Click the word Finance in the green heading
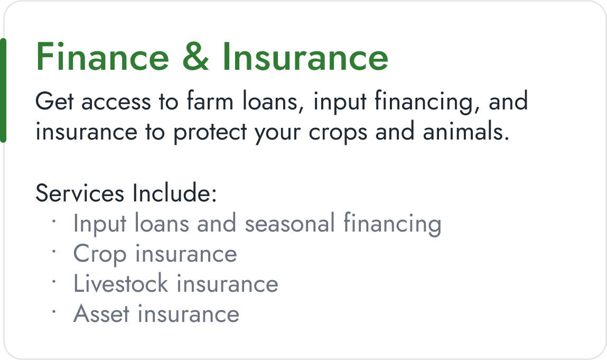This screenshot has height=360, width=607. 102,57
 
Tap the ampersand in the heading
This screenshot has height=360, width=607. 195,57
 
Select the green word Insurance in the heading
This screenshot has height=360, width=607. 305,57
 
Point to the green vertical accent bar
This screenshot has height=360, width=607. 3,90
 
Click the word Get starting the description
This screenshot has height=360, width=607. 54,101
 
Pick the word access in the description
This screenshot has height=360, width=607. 116,103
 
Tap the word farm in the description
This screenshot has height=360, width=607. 210,101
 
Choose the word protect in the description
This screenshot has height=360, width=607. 210,133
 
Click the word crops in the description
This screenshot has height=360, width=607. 338,133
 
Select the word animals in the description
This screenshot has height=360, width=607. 466,132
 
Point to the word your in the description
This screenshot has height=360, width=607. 277,133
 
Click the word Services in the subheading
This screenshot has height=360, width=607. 80,193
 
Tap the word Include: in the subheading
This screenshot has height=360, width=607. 174,192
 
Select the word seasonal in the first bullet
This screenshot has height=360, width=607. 290,224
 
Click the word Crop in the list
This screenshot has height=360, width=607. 100,255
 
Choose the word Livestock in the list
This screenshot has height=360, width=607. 121,283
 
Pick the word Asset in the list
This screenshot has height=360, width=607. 101,314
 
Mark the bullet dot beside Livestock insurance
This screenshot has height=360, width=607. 54,281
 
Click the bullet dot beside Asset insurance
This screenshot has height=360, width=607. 54,311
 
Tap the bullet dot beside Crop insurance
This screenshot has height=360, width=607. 54,251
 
